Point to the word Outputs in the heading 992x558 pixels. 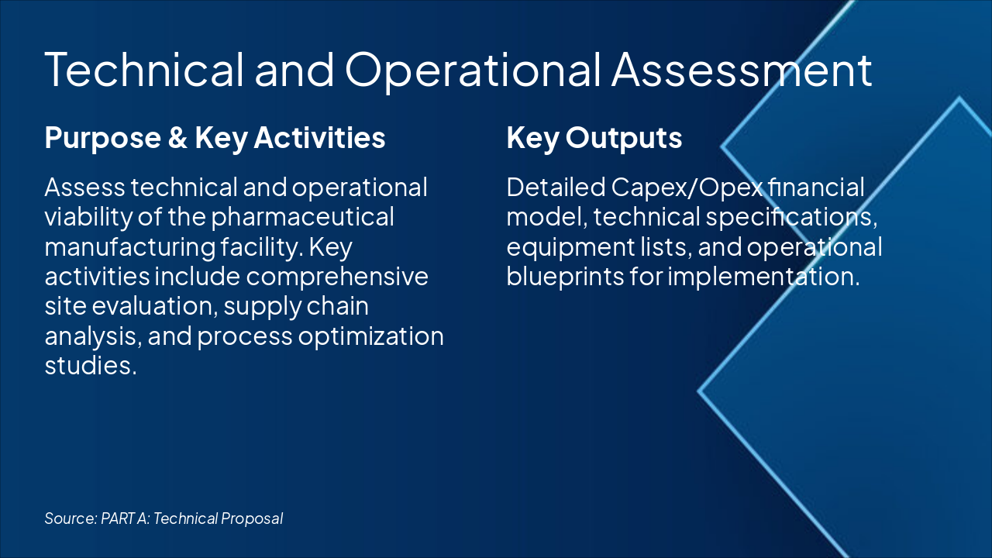pyautogui.click(x=624, y=138)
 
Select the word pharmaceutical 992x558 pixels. pyautogui.click(x=303, y=217)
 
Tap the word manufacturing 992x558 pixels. pyautogui.click(x=122, y=247)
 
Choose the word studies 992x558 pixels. pyautogui.click(x=90, y=366)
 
